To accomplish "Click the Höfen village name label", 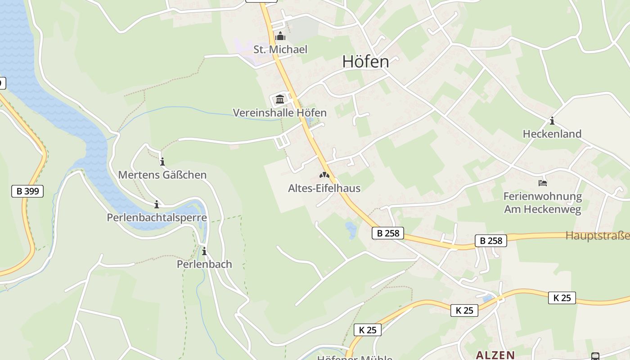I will click(x=365, y=62).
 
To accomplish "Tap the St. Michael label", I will click(x=280, y=49).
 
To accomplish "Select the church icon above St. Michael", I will click(x=280, y=36).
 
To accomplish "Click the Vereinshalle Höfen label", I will click(x=279, y=112).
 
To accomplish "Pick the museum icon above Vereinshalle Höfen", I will click(x=280, y=99).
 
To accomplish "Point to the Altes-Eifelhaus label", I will click(x=324, y=188).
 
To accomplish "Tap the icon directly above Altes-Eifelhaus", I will click(x=324, y=175).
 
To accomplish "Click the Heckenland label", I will click(x=552, y=134).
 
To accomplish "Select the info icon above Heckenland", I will click(x=552, y=121).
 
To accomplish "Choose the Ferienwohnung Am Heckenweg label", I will click(x=542, y=203).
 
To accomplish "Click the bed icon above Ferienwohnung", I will click(x=543, y=183).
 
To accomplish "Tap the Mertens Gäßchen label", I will click(x=162, y=175).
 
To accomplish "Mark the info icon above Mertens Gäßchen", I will click(x=162, y=162).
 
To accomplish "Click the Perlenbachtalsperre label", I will click(x=157, y=218).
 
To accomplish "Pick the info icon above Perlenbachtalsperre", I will click(x=157, y=205).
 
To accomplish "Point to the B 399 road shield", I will click(x=27, y=191).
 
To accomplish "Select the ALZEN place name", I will click(x=495, y=355).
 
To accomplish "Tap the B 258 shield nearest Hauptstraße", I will click(x=490, y=241).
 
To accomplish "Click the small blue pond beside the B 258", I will click(x=351, y=230).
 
